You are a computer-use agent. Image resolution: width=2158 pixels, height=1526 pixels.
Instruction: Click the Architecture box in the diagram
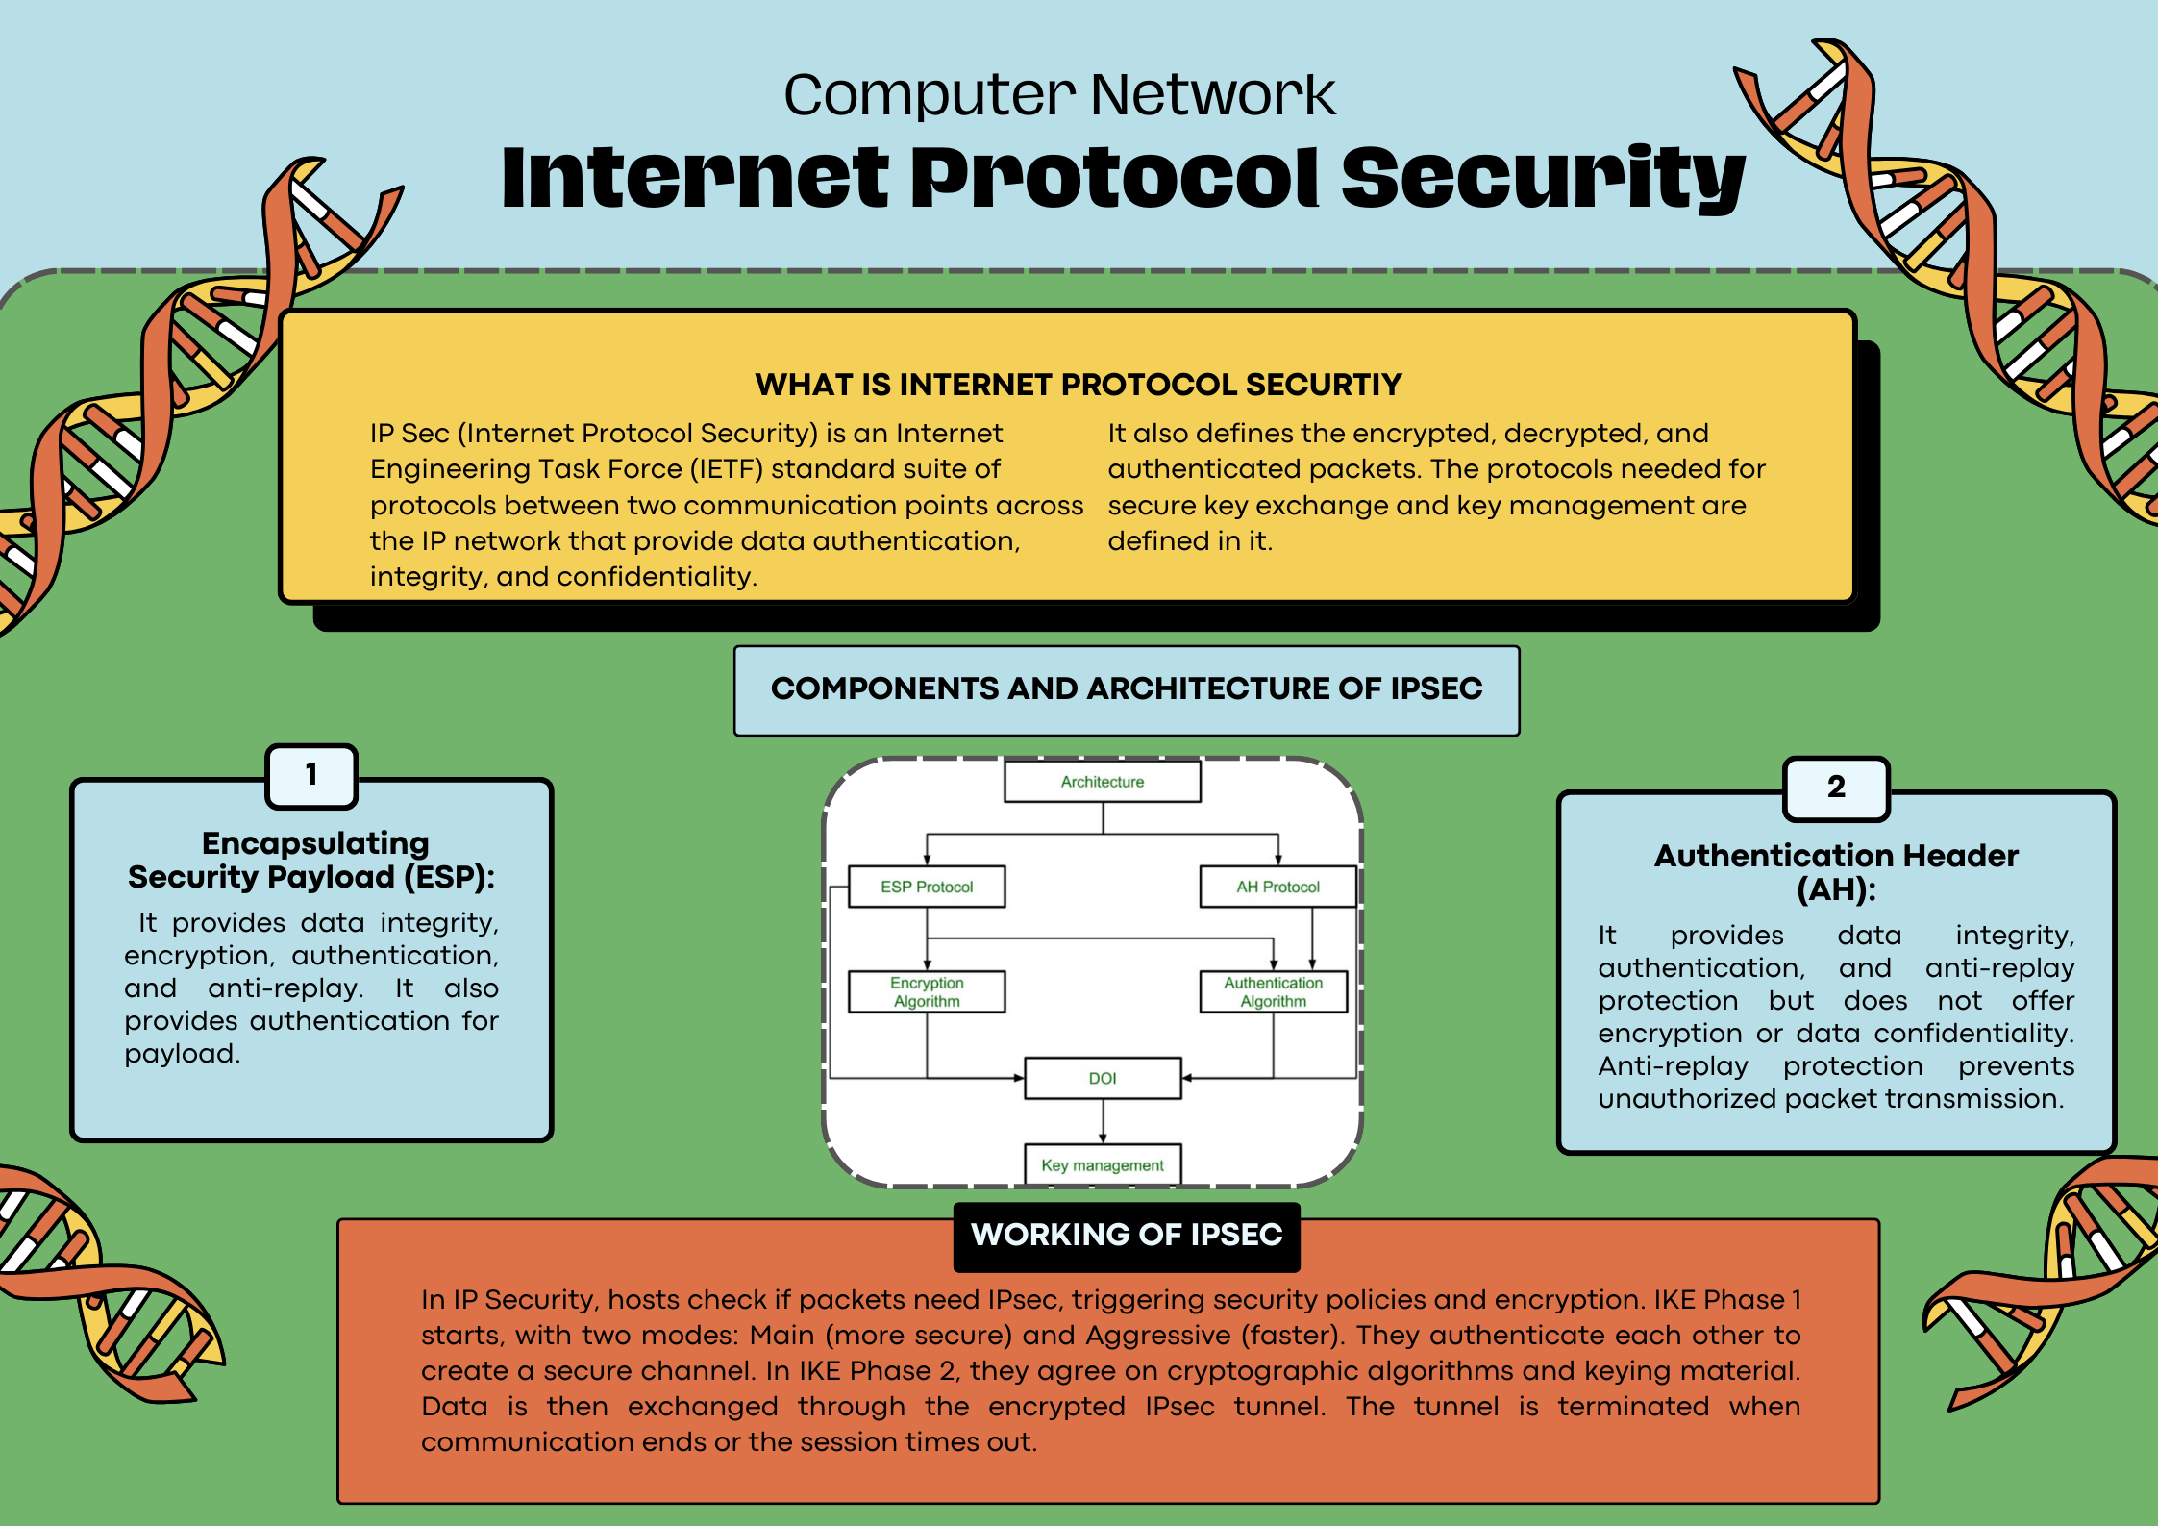[1102, 782]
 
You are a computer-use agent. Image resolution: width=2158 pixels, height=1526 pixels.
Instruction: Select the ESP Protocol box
[927, 887]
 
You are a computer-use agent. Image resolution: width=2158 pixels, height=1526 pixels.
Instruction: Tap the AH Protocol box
[1277, 887]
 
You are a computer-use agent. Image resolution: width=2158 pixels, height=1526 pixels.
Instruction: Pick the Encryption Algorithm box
[927, 991]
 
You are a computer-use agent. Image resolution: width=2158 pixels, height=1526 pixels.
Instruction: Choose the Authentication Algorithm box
[1273, 991]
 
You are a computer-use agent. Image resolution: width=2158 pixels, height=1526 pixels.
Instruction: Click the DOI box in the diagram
[1103, 1078]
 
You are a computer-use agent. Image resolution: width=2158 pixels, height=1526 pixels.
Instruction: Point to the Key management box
[1103, 1164]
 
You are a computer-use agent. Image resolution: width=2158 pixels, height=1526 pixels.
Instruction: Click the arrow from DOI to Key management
[1103, 1121]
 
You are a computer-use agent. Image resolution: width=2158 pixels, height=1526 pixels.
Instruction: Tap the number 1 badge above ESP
[311, 775]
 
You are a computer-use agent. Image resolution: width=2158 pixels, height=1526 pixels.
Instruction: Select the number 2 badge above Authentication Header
[1836, 788]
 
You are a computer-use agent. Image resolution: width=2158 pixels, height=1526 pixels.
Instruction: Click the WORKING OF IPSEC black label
[1127, 1235]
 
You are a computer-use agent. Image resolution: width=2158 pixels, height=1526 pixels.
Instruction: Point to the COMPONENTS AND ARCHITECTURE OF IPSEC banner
[1127, 689]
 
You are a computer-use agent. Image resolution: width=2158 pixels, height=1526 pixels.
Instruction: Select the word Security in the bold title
[1542, 178]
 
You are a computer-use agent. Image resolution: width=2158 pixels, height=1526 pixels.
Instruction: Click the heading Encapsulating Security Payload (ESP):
[312, 860]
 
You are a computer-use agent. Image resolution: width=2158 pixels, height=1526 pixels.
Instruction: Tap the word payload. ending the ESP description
[182, 1054]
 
